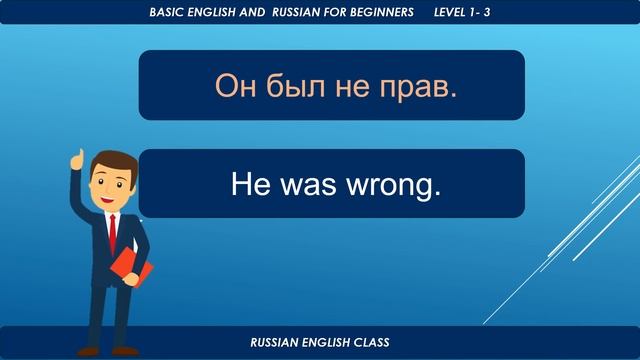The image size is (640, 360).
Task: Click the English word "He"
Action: pyautogui.click(x=247, y=184)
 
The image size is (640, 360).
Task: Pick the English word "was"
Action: pyautogui.click(x=309, y=184)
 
